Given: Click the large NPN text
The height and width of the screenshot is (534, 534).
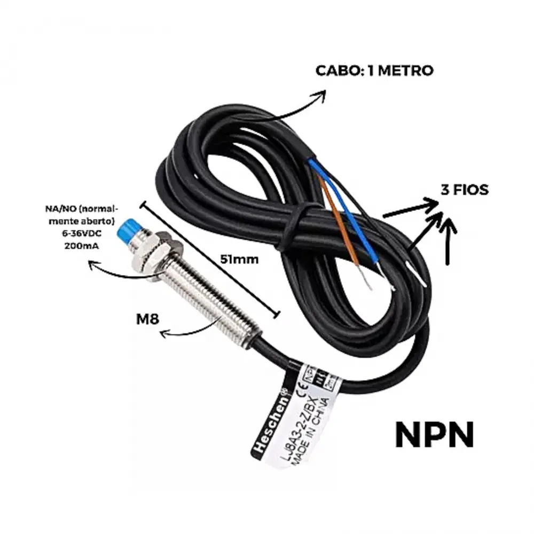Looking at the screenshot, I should (434, 435).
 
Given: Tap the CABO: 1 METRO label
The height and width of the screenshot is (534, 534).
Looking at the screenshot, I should (374, 70).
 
